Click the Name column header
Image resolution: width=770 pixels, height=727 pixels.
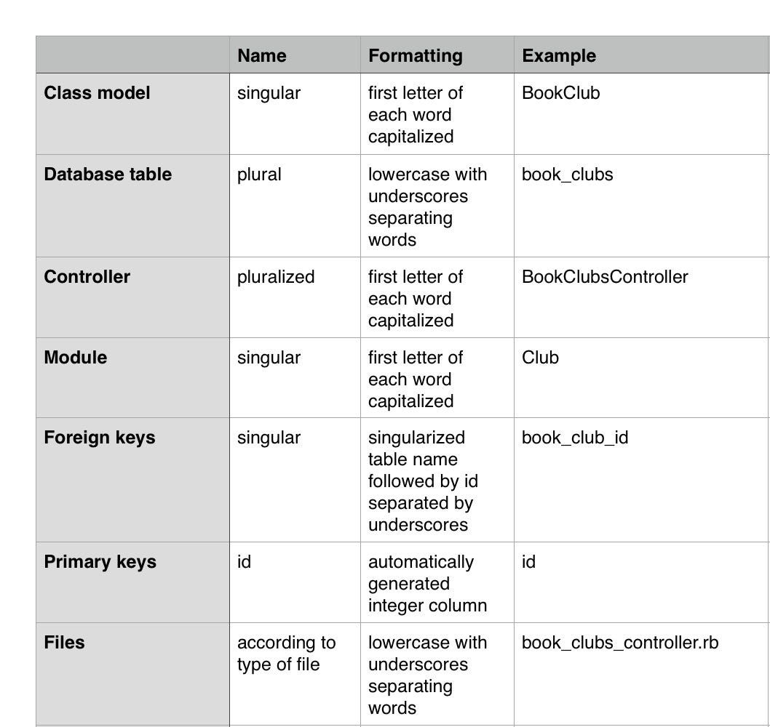pyautogui.click(x=262, y=56)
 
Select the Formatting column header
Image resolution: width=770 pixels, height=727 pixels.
pyautogui.click(x=415, y=56)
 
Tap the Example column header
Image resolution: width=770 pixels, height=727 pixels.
pyautogui.click(x=559, y=56)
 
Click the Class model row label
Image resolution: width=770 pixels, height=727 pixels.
pyautogui.click(x=97, y=93)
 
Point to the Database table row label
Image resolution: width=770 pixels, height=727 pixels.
pyautogui.click(x=108, y=174)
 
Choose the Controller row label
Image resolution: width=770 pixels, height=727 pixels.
pyautogui.click(x=87, y=277)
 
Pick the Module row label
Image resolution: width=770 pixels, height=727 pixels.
pyautogui.click(x=75, y=358)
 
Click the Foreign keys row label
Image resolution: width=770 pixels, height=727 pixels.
pyautogui.click(x=99, y=438)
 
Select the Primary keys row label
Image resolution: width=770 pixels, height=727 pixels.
pyautogui.click(x=100, y=562)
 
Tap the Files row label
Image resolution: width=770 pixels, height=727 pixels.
pyautogui.click(x=64, y=643)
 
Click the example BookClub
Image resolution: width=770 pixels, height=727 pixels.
pyautogui.click(x=560, y=93)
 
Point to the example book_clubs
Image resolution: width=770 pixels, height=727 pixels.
pyautogui.click(x=567, y=174)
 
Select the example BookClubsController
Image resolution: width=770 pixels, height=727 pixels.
pyautogui.click(x=605, y=277)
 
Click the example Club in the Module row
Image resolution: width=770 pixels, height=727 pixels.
pyautogui.click(x=540, y=358)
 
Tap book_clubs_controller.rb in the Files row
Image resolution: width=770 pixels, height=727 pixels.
pyautogui.click(x=620, y=643)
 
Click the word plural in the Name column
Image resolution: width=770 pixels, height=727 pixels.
pyautogui.click(x=259, y=174)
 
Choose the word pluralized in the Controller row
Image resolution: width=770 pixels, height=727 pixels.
pyautogui.click(x=276, y=277)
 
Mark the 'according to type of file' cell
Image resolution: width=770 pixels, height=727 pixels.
pyautogui.click(x=286, y=654)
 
